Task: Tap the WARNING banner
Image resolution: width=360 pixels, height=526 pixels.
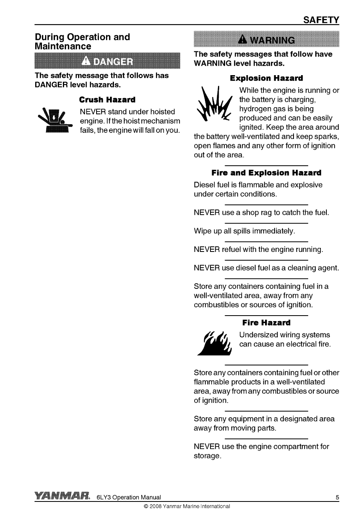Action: pyautogui.click(x=266, y=40)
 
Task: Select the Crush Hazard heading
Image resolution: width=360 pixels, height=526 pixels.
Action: pyautogui.click(x=107, y=100)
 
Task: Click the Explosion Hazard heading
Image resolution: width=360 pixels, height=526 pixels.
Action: pyautogui.click(x=266, y=78)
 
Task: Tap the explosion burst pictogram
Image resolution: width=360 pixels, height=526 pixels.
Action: pyautogui.click(x=215, y=104)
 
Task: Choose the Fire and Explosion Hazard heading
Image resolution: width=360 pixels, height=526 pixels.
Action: pyautogui.click(x=266, y=173)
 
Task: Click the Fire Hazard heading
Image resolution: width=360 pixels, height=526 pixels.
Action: pyautogui.click(x=266, y=323)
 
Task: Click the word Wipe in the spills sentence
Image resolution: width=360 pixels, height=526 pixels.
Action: pyautogui.click(x=203, y=231)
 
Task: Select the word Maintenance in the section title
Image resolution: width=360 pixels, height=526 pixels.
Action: pyautogui.click(x=63, y=46)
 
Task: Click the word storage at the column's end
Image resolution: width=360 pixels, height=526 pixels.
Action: pyautogui.click(x=206, y=456)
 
